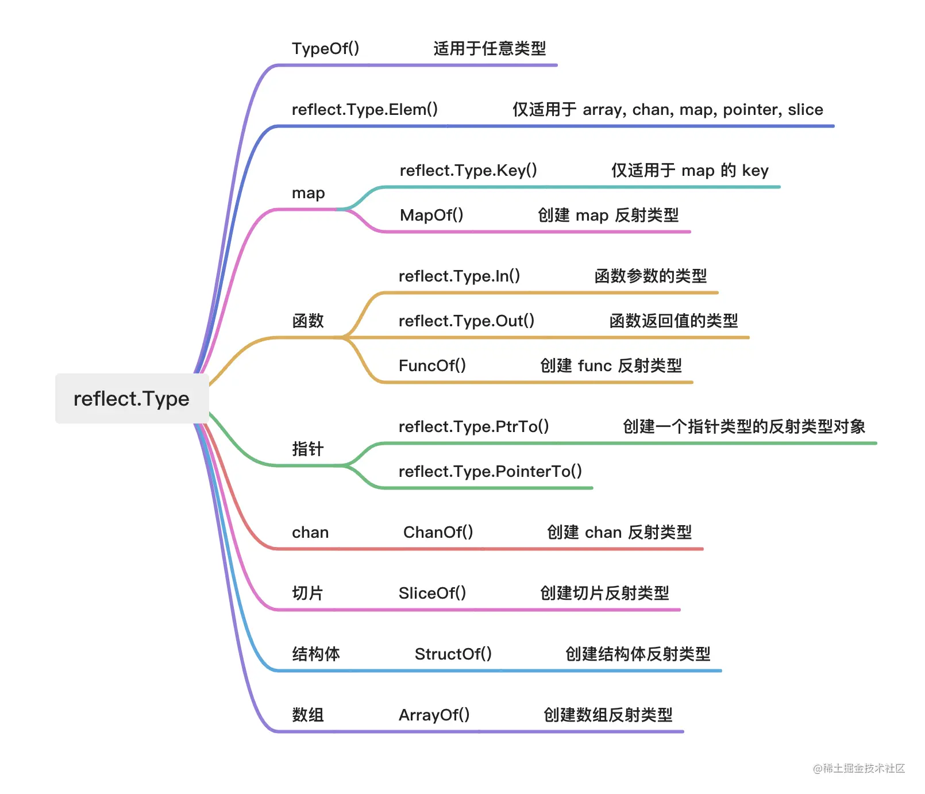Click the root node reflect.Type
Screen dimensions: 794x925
click(x=132, y=399)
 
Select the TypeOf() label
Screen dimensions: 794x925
click(x=325, y=48)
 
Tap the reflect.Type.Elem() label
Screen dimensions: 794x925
click(x=364, y=109)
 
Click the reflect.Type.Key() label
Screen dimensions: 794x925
click(x=468, y=170)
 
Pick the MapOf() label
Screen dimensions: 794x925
click(x=431, y=215)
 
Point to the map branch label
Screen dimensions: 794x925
click(x=308, y=193)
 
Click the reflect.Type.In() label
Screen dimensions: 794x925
click(x=459, y=276)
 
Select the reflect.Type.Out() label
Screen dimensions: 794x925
click(x=467, y=321)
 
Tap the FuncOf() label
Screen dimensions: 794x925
click(x=432, y=365)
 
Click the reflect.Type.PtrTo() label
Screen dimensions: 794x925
click(x=473, y=426)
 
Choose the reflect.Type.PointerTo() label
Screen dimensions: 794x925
click(x=490, y=471)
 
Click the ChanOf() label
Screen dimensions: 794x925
click(x=438, y=532)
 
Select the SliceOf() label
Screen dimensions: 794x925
click(x=432, y=593)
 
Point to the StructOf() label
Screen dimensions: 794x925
click(x=453, y=654)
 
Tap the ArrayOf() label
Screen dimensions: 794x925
click(x=434, y=715)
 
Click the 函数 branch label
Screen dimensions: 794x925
click(x=308, y=321)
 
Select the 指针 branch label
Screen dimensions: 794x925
click(x=308, y=449)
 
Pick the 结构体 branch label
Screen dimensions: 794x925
click(x=316, y=654)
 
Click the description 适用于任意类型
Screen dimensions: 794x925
click(x=490, y=48)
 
